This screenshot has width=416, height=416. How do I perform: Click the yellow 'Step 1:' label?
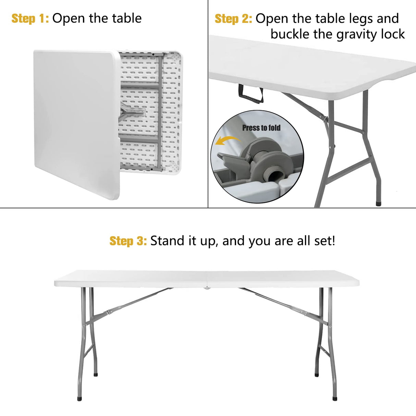(30, 19)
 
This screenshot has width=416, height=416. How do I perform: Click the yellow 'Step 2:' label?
(233, 19)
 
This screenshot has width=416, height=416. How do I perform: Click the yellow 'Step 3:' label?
(128, 241)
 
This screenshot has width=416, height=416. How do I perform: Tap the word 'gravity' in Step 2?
(355, 34)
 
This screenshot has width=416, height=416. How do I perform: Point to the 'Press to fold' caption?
(261, 128)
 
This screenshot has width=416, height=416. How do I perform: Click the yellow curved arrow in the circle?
(225, 141)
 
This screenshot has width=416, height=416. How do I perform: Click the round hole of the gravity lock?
(273, 176)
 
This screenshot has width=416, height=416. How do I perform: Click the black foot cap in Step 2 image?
(379, 203)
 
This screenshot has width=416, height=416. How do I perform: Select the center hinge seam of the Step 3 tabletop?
(207, 279)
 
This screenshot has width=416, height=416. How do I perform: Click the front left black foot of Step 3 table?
(80, 399)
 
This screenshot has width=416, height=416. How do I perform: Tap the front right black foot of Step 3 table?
(335, 399)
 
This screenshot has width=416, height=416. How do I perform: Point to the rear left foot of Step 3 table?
(96, 375)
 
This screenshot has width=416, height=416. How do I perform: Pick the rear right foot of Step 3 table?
(317, 375)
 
